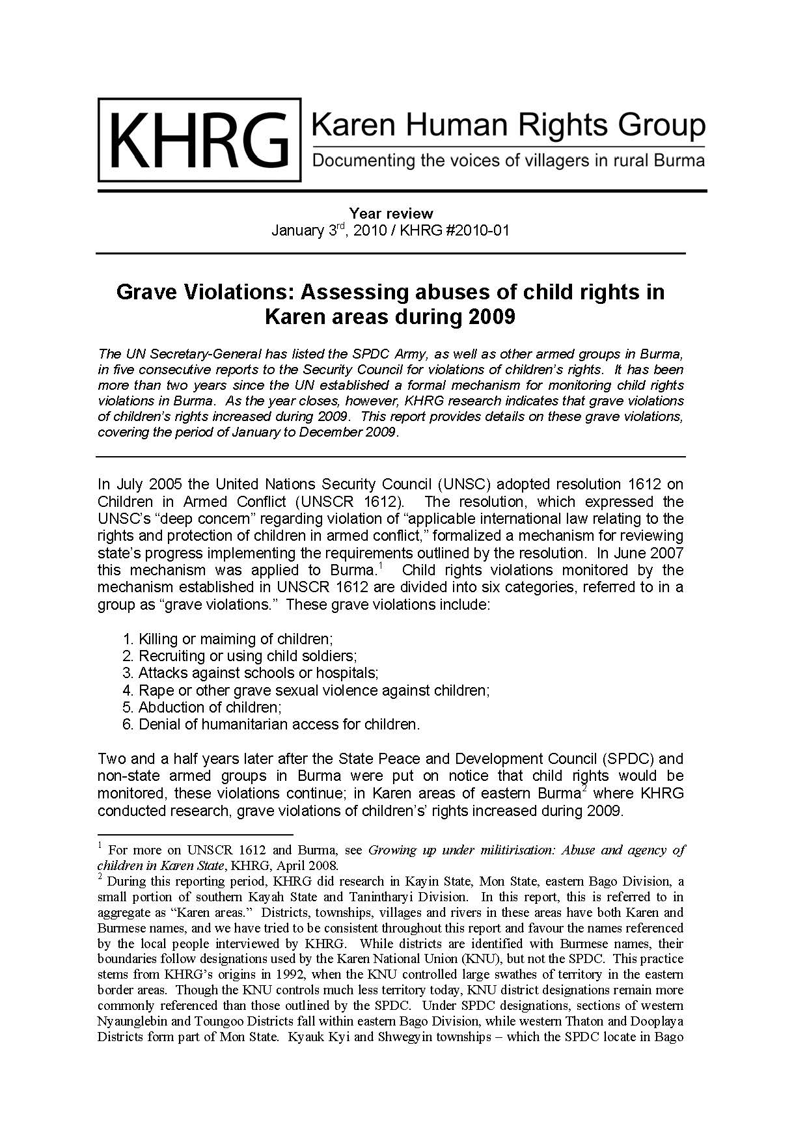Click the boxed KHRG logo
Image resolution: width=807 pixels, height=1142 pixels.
click(x=199, y=140)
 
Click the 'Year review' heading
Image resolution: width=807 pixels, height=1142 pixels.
click(x=390, y=213)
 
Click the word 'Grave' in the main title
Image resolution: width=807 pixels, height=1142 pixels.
click(x=147, y=292)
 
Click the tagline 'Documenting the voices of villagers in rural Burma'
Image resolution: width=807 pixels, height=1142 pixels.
click(x=508, y=161)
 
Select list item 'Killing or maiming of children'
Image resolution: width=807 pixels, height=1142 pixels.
click(x=235, y=638)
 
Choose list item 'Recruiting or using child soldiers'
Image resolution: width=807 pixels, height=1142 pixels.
click(x=247, y=655)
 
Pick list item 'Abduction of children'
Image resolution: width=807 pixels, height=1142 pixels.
click(x=210, y=707)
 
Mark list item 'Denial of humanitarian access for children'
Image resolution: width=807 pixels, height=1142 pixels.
click(x=279, y=724)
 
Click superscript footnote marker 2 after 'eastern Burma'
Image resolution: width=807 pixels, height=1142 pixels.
click(x=584, y=789)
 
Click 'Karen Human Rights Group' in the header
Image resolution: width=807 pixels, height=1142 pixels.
click(x=508, y=124)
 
